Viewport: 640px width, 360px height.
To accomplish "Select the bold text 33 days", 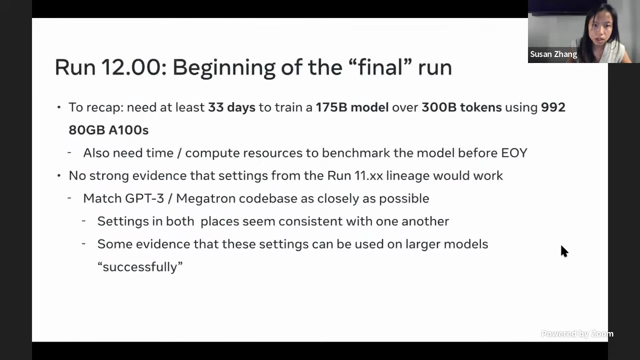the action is coord(231,107).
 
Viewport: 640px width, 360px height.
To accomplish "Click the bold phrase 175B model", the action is coord(352,107).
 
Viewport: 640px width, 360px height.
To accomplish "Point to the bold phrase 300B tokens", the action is coord(461,107).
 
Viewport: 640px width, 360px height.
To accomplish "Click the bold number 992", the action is coord(553,107).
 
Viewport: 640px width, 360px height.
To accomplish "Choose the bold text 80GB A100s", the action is coord(108,130).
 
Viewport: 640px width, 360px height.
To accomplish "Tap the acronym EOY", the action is coord(514,153).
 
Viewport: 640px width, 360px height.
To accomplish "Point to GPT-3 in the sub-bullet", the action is coord(144,198).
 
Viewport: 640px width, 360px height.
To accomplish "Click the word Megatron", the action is coord(205,199).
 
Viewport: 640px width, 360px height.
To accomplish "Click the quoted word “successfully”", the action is coord(140,267).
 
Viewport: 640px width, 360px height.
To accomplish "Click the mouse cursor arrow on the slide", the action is coord(564,251).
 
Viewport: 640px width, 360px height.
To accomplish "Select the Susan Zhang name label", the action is coord(553,54).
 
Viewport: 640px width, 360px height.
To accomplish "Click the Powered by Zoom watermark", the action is coord(577,333).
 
